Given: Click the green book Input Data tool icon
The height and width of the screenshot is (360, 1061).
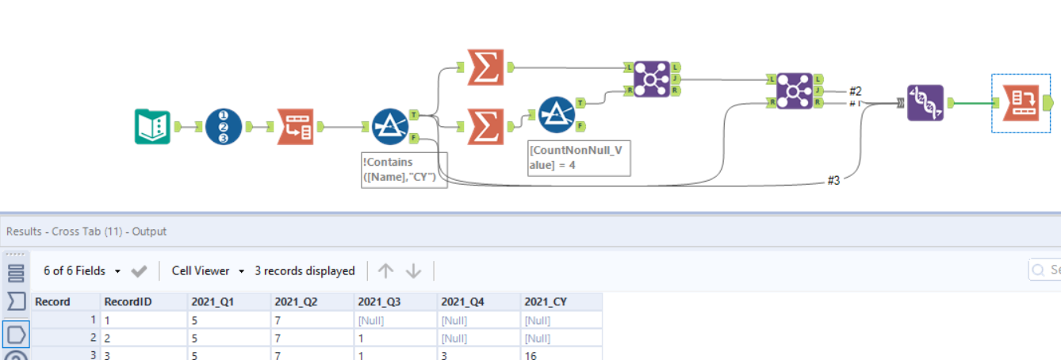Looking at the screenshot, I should [152, 127].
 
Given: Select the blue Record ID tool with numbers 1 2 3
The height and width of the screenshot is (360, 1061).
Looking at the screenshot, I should [224, 127].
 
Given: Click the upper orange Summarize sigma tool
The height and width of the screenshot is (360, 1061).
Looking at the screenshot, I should [485, 67].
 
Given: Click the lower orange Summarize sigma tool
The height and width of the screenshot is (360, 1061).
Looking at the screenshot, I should [485, 127].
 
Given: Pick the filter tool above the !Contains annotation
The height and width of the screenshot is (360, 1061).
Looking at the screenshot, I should [390, 127].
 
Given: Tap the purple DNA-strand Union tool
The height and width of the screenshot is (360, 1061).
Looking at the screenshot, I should [925, 103].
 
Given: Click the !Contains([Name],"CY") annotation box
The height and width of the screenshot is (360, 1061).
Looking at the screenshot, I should [404, 170].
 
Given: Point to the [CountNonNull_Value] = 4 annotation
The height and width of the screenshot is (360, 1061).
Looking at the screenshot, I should [579, 158].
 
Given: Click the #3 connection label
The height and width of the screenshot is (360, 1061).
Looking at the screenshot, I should [833, 181].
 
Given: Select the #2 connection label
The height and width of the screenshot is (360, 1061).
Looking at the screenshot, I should [855, 90].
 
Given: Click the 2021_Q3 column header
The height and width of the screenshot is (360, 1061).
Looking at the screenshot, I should [380, 301].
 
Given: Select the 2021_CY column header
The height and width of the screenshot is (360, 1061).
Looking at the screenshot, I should [546, 301].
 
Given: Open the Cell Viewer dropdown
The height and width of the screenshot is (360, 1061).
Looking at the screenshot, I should [208, 271].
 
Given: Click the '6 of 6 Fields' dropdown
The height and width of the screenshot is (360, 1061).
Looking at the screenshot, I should [82, 271].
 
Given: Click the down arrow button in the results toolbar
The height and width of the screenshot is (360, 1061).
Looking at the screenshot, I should [413, 271].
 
